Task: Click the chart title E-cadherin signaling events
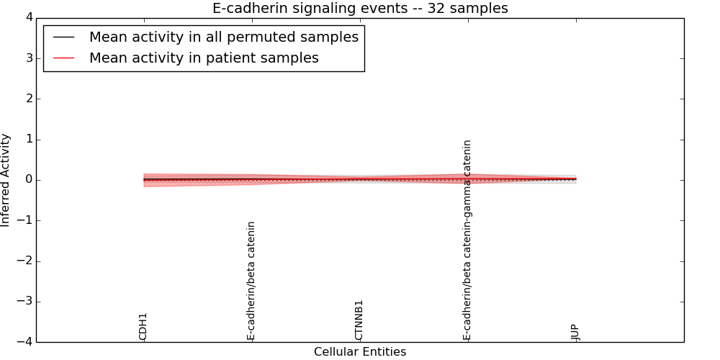point(359,9)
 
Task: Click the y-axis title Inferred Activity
point(6,180)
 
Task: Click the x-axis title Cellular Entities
point(359,352)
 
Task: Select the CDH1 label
point(143,326)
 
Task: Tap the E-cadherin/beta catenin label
point(251,281)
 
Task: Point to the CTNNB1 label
point(359,320)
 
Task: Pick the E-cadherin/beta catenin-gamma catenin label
point(467,240)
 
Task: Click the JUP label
point(575,332)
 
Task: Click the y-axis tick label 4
point(28,18)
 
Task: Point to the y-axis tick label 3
point(28,58)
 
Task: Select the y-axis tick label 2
point(28,99)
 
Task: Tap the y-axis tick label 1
point(28,140)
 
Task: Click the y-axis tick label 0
point(28,180)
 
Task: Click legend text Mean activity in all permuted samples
point(223,37)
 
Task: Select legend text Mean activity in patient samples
point(204,58)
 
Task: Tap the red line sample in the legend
point(63,58)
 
